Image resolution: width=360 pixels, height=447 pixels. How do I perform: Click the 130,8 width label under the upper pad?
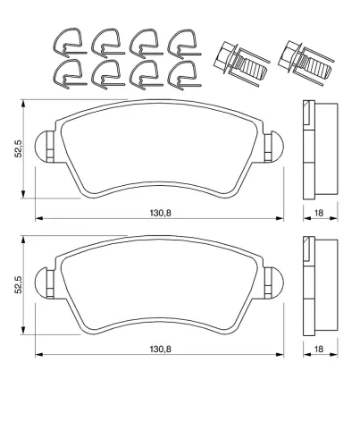(x=160, y=213)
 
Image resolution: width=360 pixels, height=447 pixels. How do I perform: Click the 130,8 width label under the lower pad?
(x=160, y=349)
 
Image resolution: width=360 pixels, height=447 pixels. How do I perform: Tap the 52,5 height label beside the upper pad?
(x=19, y=149)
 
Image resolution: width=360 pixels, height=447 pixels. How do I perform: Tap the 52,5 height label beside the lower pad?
(x=19, y=285)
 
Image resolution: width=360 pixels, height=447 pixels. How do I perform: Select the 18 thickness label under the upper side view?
(x=319, y=213)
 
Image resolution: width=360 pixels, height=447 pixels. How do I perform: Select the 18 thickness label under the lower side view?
(x=319, y=349)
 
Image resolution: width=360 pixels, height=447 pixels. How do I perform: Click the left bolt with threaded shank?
(x=240, y=63)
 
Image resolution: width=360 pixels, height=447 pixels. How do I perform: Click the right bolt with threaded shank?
(x=306, y=63)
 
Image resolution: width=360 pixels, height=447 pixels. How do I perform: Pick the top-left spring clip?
(x=70, y=43)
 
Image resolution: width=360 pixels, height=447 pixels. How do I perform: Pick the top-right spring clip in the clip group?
(x=184, y=44)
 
